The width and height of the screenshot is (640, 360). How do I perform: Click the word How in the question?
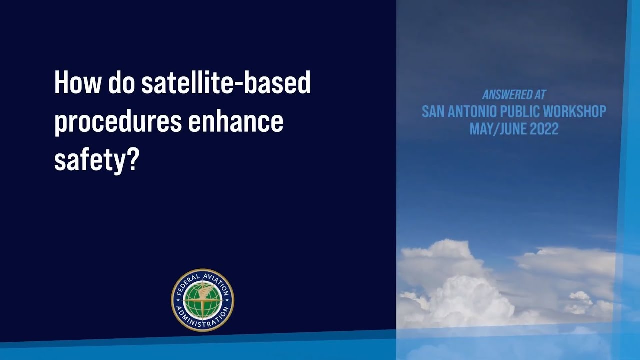[x=78, y=83]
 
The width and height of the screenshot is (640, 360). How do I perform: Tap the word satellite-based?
[x=226, y=83]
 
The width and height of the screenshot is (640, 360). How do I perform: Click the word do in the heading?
[x=122, y=83]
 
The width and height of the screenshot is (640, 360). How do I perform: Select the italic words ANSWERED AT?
[x=514, y=95]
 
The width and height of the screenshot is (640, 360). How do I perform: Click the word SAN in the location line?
[x=432, y=111]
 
